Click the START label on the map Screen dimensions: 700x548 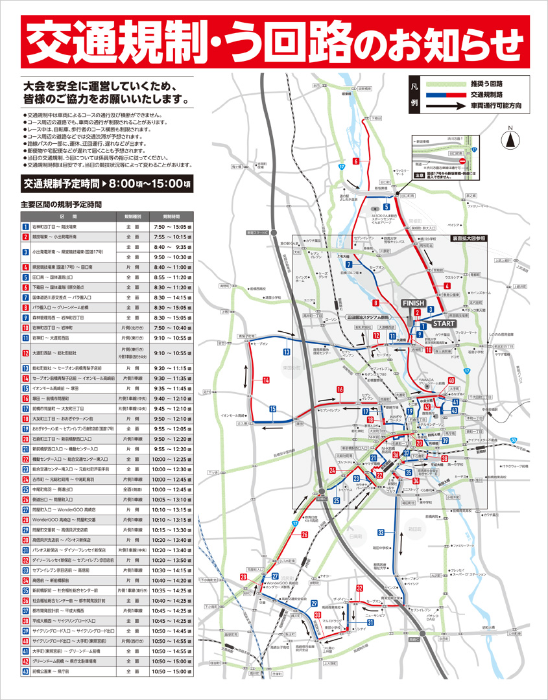click(x=444, y=323)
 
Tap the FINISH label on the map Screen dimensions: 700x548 click(x=413, y=303)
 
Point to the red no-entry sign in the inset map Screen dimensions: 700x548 click(x=462, y=162)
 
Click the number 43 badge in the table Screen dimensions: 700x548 click(x=25, y=672)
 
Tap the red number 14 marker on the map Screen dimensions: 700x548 click(x=266, y=380)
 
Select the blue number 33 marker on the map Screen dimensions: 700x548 click(x=381, y=533)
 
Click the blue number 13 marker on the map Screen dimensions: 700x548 click(x=286, y=351)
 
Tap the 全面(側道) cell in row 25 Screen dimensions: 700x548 click(x=133, y=491)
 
